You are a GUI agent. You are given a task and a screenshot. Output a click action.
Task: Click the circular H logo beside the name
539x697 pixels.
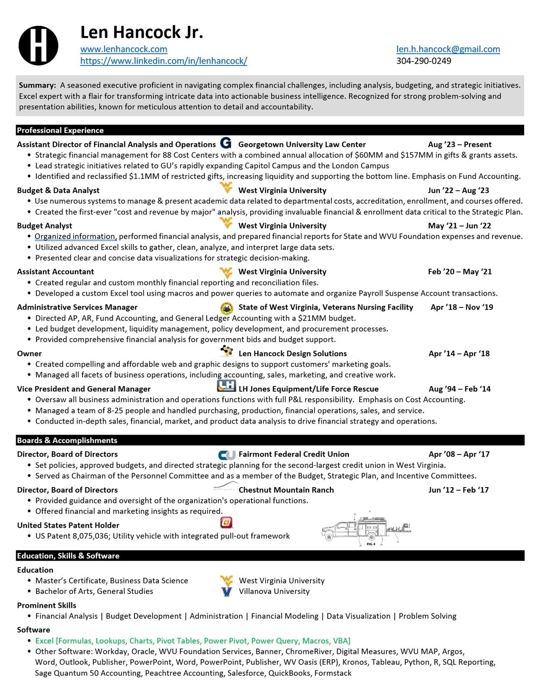coord(38,46)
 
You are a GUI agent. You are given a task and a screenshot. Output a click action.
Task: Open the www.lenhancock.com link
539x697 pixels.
coord(124,49)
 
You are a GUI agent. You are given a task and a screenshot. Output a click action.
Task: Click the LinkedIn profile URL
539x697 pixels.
coord(164,61)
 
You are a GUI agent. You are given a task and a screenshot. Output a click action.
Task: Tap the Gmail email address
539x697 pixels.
coord(448,49)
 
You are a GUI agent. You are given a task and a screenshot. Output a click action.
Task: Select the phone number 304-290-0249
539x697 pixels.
coord(424,61)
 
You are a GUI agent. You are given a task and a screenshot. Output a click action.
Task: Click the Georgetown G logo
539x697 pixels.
coord(226,143)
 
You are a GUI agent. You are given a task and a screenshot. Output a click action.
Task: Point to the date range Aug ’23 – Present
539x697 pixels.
coord(460,144)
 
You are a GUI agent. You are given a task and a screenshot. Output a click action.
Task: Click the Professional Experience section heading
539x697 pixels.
coord(60,131)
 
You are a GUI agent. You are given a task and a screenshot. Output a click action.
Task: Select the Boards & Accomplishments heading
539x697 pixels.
coord(67,440)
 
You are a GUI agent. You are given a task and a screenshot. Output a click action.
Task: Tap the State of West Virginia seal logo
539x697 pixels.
coord(227,308)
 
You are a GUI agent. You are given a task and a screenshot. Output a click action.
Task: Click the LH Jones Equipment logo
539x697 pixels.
coord(226,386)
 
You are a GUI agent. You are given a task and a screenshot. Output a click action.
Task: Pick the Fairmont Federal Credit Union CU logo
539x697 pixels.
coord(227,455)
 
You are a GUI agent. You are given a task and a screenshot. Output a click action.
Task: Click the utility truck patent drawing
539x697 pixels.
coord(366,528)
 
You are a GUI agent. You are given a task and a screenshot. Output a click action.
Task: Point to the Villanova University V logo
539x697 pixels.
coord(227,592)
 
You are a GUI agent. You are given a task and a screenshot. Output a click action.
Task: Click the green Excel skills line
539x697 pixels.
coord(193,641)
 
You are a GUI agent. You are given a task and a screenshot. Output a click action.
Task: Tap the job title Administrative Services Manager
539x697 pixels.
coord(77,308)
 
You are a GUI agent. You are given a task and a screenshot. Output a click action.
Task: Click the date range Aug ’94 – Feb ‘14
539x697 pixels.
coord(460,389)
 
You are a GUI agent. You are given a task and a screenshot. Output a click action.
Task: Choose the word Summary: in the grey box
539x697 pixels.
coord(38,85)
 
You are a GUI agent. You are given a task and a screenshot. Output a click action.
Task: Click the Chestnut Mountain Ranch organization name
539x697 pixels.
coord(286,490)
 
